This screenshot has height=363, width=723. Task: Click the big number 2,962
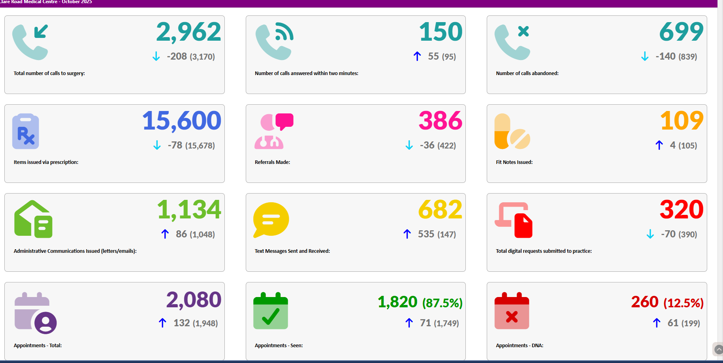(188, 32)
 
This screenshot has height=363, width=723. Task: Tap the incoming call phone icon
(30, 42)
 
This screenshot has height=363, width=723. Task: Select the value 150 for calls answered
(441, 32)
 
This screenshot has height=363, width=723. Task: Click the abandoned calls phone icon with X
(512, 42)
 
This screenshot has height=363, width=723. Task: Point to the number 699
(681, 32)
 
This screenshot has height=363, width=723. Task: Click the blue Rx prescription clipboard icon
(26, 131)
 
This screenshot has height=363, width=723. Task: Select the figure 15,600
(181, 121)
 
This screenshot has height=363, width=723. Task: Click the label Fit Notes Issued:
(514, 162)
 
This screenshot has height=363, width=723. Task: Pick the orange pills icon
(512, 132)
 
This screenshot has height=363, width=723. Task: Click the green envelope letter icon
(33, 219)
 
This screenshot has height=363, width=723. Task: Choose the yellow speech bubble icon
(271, 220)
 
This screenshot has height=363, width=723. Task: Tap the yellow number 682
(440, 210)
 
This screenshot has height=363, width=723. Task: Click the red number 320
(681, 210)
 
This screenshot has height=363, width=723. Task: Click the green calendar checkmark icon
(271, 311)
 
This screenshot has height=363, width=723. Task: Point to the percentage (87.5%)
(442, 303)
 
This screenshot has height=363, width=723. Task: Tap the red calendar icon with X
(512, 311)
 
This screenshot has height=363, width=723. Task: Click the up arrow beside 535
(407, 234)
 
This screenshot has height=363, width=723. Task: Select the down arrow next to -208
(156, 56)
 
